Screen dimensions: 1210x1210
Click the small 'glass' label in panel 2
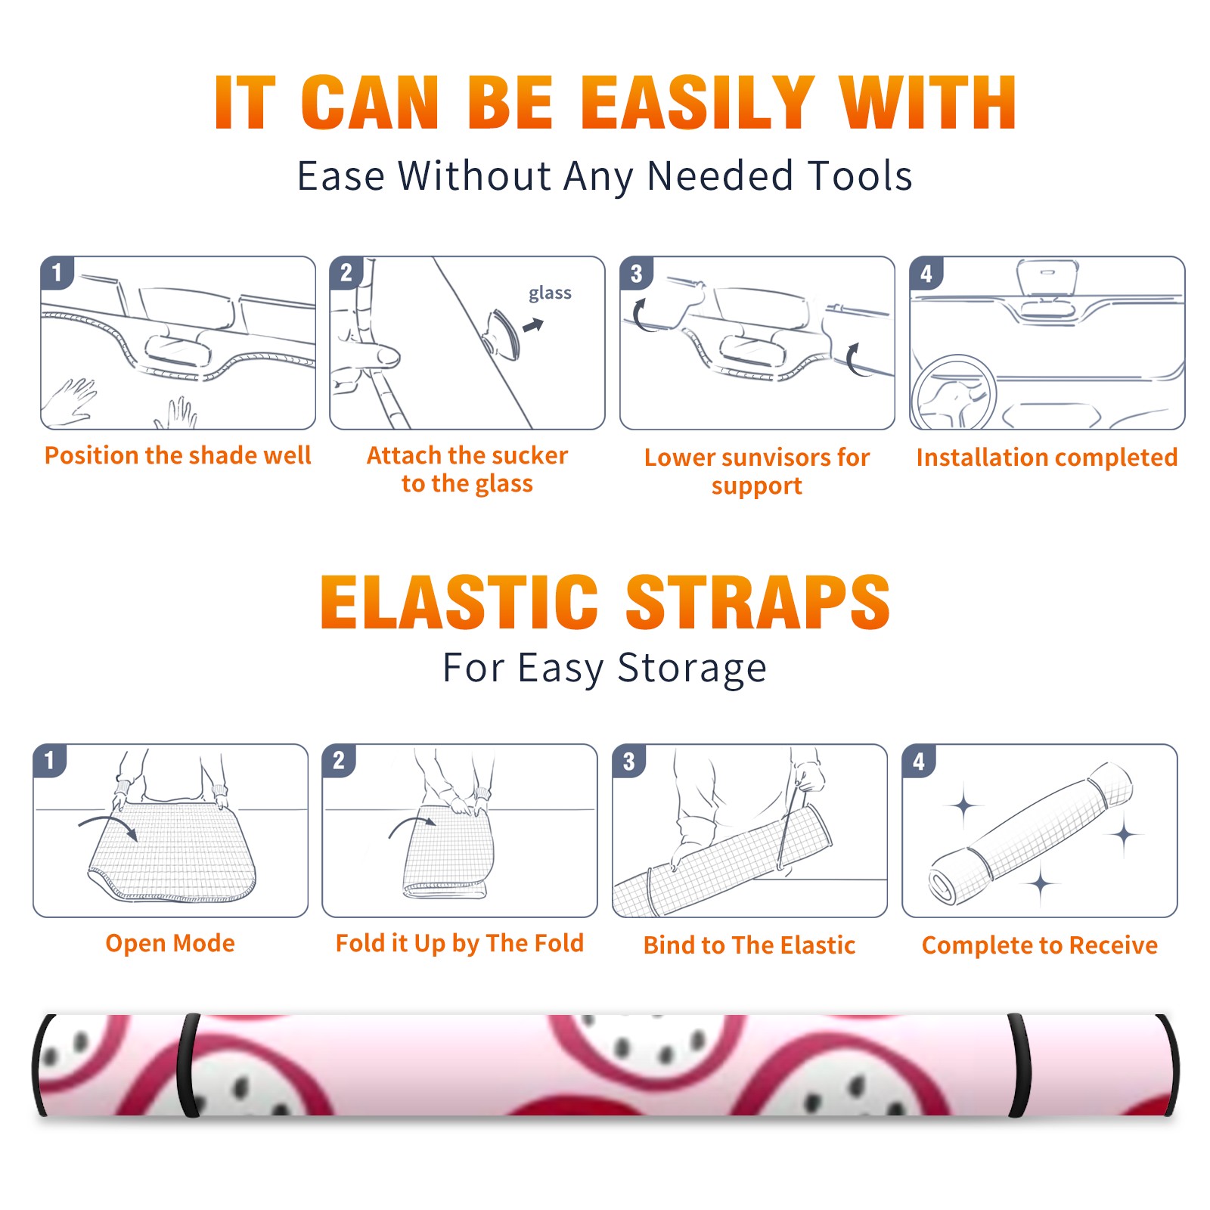coord(550,293)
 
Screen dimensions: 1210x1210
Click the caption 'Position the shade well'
coord(178,455)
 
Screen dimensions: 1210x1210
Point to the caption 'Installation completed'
coord(1047,458)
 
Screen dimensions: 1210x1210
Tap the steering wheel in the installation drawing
coord(954,392)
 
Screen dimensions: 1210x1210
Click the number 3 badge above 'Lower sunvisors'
coord(636,274)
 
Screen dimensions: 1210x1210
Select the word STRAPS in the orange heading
coord(758,602)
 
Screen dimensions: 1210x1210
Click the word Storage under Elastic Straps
coord(692,669)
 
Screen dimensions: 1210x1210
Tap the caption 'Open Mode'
coord(170,943)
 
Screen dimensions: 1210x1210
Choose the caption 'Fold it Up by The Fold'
coord(460,944)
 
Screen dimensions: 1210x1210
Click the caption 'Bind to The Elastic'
coord(749,945)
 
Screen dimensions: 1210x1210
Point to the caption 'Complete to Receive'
coord(1040,945)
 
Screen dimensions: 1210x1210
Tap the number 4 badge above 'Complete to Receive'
coord(919,762)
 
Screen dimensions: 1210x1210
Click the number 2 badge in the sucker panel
coord(346,273)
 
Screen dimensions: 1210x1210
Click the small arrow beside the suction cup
coord(533,325)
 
